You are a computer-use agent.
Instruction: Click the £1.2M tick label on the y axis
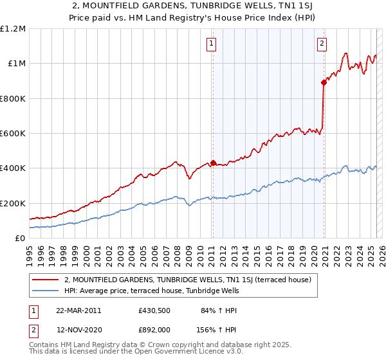(x=13, y=29)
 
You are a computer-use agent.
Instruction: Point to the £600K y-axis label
(x=13, y=134)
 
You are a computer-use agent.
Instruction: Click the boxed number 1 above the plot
(x=212, y=44)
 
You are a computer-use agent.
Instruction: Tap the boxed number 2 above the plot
(x=321, y=44)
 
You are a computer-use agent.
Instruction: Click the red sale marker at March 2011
(x=214, y=163)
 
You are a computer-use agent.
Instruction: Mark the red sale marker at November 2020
(x=324, y=82)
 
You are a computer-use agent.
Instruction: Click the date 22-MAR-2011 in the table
(x=78, y=310)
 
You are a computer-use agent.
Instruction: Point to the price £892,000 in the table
(x=154, y=330)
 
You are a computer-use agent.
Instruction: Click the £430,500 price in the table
(x=154, y=310)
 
